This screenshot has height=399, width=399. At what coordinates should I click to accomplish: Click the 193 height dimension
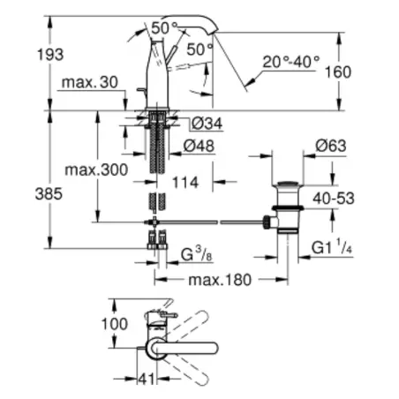50,55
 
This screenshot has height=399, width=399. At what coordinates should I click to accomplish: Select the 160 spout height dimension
338,72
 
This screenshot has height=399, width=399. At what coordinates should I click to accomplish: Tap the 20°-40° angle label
291,62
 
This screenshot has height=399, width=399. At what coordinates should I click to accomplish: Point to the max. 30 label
90,82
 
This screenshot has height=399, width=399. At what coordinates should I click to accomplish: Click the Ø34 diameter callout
207,124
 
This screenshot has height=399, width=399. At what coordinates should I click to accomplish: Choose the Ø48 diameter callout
199,146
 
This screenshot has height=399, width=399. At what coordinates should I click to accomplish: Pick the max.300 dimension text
96,169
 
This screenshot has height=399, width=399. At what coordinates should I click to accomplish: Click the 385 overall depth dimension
49,194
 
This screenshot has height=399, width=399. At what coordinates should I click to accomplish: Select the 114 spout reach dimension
185,183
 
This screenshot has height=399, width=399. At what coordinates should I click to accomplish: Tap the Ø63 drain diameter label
331,146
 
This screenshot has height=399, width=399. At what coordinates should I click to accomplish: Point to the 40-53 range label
334,199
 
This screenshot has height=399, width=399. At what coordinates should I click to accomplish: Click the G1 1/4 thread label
332,246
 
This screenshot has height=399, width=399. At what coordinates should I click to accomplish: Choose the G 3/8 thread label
196,254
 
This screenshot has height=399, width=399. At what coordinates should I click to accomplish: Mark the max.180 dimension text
220,280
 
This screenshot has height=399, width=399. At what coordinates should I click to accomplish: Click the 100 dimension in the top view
115,324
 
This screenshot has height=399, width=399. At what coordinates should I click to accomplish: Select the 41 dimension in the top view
147,380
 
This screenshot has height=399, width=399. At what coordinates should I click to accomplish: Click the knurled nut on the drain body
267,222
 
